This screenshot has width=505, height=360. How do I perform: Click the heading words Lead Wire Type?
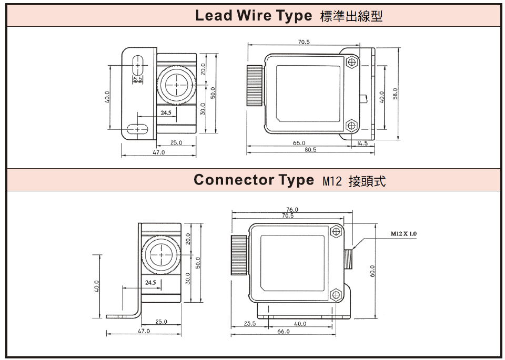coord(253,16)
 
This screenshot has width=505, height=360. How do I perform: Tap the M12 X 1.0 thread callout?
coord(403,233)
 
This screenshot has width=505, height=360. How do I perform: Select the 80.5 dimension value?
coord(310,150)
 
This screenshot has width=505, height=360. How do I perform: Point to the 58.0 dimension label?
coord(395,93)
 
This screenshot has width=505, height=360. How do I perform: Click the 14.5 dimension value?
coord(362,143)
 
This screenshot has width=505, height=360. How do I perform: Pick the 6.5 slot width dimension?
coord(137,79)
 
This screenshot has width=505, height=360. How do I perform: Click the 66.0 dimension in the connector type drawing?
coord(283,331)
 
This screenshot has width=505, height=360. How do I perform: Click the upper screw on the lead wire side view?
coord(352,62)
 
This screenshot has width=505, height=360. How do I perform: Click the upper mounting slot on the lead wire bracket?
coord(138,65)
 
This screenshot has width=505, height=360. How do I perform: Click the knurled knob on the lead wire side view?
coord(255,85)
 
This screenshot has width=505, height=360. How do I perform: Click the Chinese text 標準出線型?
coord(351,16)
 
